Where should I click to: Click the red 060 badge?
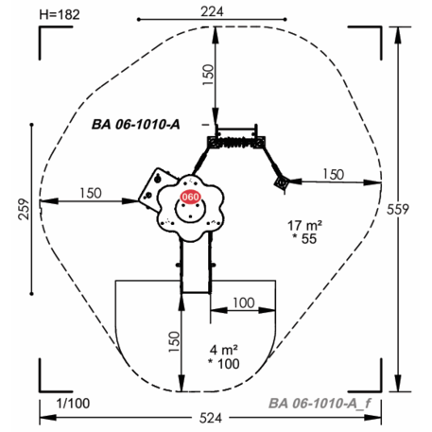190,198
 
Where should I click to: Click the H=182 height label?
60,15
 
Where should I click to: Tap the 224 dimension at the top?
213,11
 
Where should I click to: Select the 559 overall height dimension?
398,209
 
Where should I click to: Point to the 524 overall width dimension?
211,418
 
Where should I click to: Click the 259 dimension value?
24,209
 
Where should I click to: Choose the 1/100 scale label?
73,404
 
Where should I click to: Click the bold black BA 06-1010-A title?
136,125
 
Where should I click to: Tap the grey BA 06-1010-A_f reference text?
320,404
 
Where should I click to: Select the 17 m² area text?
304,226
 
